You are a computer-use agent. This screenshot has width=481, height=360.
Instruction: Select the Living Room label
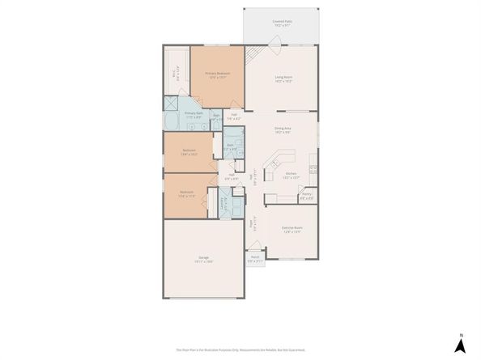pos(283,79)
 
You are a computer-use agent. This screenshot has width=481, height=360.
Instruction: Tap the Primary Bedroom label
pos(217,74)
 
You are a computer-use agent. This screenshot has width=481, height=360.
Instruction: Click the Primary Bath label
pos(194,115)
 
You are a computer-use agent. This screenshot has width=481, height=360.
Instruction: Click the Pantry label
pos(307,195)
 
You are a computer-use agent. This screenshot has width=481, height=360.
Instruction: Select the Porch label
pos(254,260)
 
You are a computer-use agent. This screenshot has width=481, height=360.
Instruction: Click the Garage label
pos(203,260)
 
